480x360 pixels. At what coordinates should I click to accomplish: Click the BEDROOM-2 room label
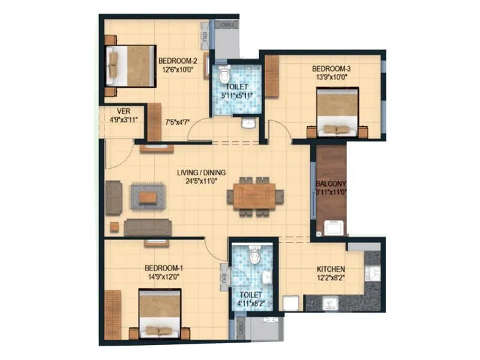point(178,61)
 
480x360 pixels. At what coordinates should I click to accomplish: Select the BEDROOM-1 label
point(164,268)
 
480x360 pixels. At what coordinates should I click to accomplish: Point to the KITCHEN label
point(331,270)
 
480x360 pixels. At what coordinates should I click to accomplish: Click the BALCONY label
point(331,185)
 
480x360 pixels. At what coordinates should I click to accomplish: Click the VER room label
point(124,111)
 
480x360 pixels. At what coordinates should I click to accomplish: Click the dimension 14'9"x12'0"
point(164,277)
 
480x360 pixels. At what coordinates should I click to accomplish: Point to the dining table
point(254,196)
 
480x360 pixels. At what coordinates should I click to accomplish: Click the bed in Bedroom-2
point(131,65)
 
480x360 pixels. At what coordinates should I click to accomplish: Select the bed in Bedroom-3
point(337,112)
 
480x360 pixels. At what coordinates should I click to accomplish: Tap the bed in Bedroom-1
point(160,314)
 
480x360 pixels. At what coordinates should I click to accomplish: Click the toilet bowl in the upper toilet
point(224,76)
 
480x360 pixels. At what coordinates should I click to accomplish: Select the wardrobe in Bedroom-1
point(113,314)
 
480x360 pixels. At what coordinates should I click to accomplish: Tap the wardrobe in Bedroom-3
point(272,76)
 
